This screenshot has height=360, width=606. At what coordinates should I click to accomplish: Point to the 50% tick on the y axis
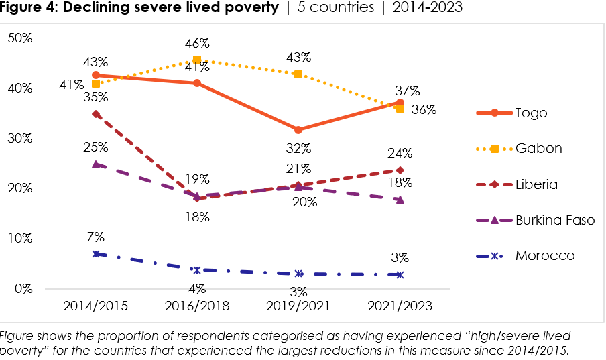pos(19,38)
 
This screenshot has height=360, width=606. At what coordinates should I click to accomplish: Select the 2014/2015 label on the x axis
pos(95,306)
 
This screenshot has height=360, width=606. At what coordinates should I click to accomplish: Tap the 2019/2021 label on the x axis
pos(298,306)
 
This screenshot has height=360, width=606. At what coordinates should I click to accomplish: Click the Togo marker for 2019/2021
pos(298,129)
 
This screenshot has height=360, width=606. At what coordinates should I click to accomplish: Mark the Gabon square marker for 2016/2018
pos(197,60)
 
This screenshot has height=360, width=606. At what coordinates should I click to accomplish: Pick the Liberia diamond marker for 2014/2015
pos(96,114)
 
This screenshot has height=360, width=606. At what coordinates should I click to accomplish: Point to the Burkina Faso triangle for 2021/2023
pos(400,199)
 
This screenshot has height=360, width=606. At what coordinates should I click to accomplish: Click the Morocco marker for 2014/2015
pos(96,254)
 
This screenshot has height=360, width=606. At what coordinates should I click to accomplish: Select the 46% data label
pos(197,44)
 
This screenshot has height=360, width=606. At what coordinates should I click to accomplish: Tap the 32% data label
pos(298,148)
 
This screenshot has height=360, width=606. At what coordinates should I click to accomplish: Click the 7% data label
pos(96,237)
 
